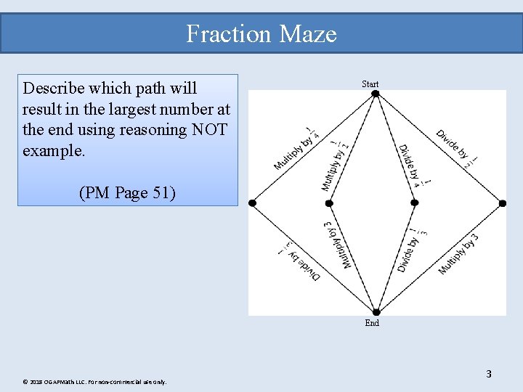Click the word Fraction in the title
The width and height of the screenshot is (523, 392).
click(x=220, y=34)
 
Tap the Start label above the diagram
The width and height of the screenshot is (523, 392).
click(x=370, y=84)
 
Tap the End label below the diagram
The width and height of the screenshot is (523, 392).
click(x=372, y=323)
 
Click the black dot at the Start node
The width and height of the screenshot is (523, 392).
click(x=375, y=93)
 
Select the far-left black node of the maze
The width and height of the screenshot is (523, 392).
click(x=252, y=203)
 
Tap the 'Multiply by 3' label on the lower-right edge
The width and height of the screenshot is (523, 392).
click(x=458, y=254)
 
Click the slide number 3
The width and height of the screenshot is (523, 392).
click(x=489, y=375)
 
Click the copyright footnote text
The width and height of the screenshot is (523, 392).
click(x=94, y=382)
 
